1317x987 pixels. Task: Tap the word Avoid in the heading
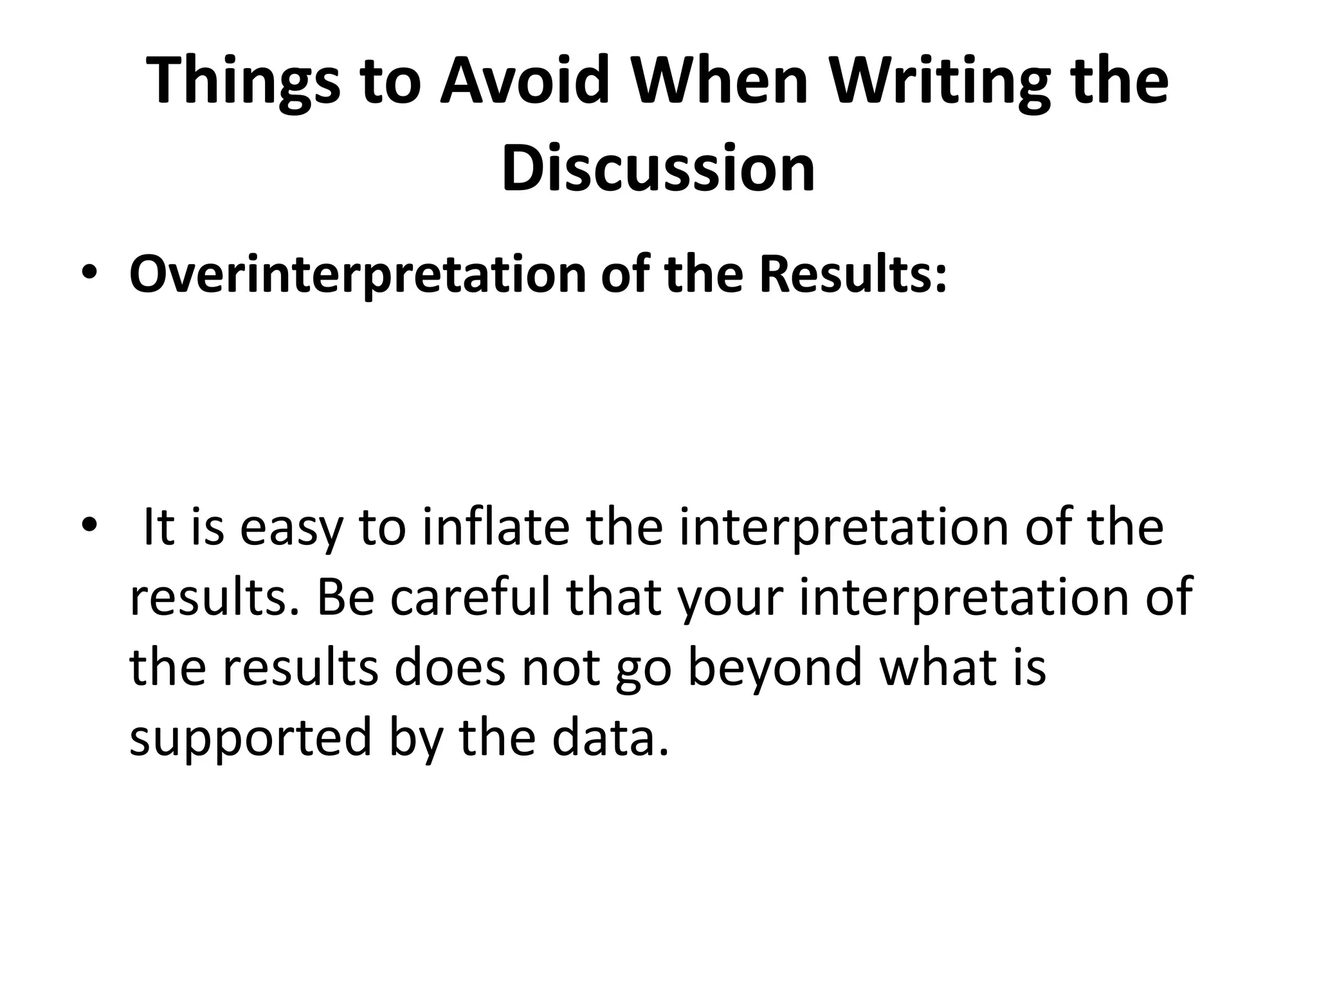523,82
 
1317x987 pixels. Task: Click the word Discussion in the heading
658,168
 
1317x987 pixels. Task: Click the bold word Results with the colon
853,274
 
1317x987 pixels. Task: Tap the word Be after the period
345,596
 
